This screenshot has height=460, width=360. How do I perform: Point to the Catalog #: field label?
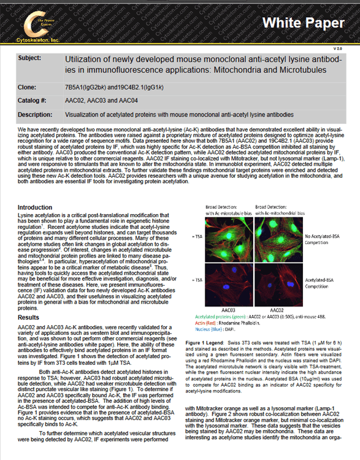(x=33, y=101)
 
